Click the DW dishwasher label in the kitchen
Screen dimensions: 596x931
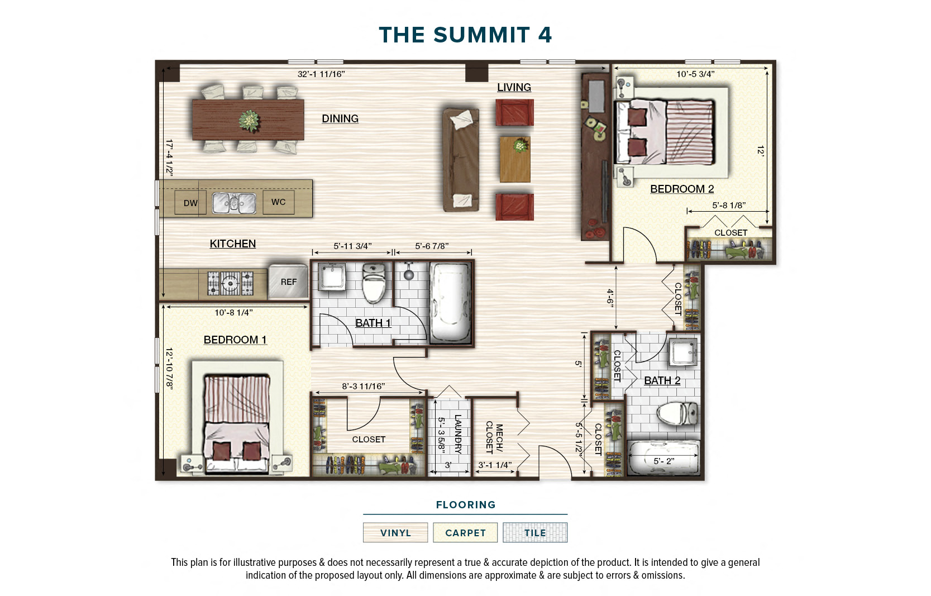pyautogui.click(x=190, y=203)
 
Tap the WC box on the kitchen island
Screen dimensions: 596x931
pyautogui.click(x=278, y=202)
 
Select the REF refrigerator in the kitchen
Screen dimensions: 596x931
pyautogui.click(x=288, y=282)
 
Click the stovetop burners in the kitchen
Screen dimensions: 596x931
pyautogui.click(x=230, y=283)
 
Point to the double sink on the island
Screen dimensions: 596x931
pyautogui.click(x=234, y=203)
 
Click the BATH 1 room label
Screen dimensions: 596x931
pyautogui.click(x=373, y=323)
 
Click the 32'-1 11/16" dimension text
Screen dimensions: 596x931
pyautogui.click(x=321, y=74)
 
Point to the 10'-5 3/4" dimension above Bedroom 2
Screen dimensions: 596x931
pyautogui.click(x=695, y=74)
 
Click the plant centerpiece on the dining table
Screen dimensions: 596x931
pyautogui.click(x=249, y=120)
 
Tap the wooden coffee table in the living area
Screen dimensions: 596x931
pyautogui.click(x=514, y=159)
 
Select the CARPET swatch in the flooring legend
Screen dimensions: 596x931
pyautogui.click(x=465, y=533)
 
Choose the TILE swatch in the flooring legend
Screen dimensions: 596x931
pyautogui.click(x=534, y=533)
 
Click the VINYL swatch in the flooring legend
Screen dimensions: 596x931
pyautogui.click(x=395, y=533)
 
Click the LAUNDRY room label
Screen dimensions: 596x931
pyautogui.click(x=458, y=434)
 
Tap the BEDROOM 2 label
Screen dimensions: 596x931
pyautogui.click(x=681, y=189)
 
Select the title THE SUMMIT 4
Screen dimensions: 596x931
pyautogui.click(x=465, y=35)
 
